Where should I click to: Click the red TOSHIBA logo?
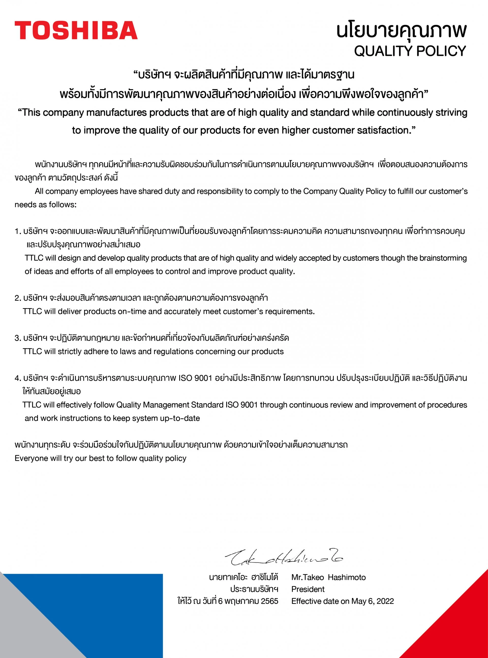click(x=76, y=30)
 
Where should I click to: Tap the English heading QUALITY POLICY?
click(x=410, y=51)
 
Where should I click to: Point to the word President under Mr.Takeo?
click(x=308, y=589)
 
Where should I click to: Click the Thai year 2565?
click(x=269, y=601)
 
